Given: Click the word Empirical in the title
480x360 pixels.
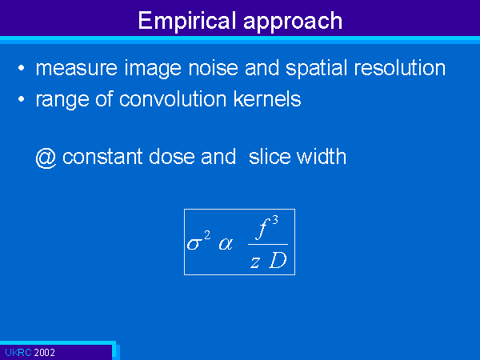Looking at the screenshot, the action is pos(187,21).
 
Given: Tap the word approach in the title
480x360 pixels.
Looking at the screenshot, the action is pos(293,22).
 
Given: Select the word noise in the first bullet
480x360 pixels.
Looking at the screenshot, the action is pos(213,68).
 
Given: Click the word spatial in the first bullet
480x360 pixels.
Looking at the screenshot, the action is pos(318,69).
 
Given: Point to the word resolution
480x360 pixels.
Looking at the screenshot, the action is pos(399,68).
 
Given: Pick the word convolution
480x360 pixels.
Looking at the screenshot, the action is pos(173,99).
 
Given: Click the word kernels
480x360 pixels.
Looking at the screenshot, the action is pos(267,99).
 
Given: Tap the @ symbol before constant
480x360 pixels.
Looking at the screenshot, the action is pos(46,158).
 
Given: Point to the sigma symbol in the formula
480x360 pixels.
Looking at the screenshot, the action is pos(194,244).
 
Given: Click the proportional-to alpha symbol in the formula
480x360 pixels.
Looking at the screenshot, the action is pos(226,244).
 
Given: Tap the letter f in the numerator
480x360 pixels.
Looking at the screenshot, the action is pos(263,228).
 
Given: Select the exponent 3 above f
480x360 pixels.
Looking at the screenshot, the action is pos(275,220).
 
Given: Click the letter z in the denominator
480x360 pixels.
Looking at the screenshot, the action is pos(255,262).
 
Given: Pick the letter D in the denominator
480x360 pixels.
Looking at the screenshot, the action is pos(278,261).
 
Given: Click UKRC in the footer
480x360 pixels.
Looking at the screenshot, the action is pos(18,353).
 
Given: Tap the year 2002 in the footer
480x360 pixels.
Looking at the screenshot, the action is pos(44,353).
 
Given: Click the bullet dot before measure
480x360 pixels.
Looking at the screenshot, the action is pos(21,68).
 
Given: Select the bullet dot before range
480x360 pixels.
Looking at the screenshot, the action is pos(21,99).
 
